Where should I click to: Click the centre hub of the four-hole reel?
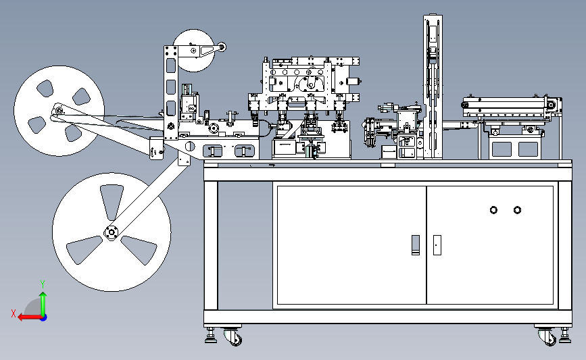coord(59,111)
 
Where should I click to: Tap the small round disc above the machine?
coord(193,50)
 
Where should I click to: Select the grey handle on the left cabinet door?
coord(415,244)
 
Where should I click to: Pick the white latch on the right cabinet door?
coord(437,245)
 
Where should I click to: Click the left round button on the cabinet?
coord(493,210)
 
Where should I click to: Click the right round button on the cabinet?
coord(517,210)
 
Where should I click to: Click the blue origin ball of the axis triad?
coord(43,317)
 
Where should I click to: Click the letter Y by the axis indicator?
coord(42,284)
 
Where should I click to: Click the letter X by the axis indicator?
coord(13,313)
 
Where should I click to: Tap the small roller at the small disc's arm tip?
coord(221,47)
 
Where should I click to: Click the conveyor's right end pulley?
coord(553,105)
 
